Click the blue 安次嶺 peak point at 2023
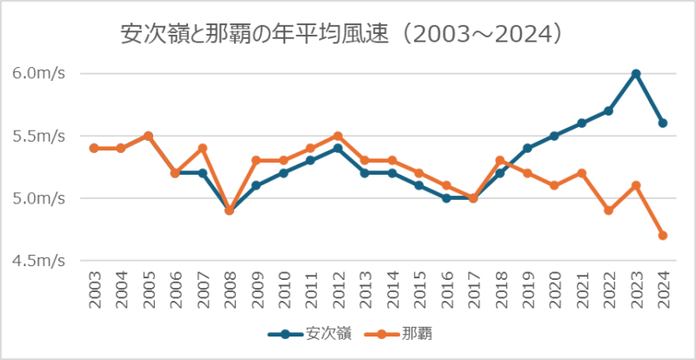pos(636,73)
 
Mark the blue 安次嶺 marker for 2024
pos(663,123)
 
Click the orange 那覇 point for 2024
pos(663,236)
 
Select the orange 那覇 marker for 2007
pos(202,148)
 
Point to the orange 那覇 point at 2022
pos(609,210)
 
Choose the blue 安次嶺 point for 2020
pos(554,136)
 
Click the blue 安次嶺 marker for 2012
pos(338,148)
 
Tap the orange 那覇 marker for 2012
pos(338,136)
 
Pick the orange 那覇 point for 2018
pos(500,161)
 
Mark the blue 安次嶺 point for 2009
pos(256,185)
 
